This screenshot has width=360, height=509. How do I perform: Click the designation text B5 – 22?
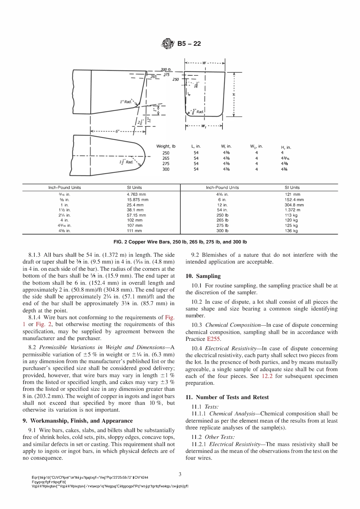pos(189,44)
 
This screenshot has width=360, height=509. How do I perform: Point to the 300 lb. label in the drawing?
pos(167,70)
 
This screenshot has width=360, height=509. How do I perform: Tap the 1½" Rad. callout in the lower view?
pos(127,162)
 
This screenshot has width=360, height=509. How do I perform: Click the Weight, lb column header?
pos(166,146)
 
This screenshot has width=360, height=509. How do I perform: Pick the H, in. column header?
pos(286,147)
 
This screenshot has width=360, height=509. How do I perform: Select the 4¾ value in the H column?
pos(284,169)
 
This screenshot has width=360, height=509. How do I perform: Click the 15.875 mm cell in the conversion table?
pos(137,200)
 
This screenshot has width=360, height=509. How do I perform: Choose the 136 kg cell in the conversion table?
pos(291,231)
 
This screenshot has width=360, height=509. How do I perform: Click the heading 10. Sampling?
pos(203,276)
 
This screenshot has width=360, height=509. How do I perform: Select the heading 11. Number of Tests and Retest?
pos(227,397)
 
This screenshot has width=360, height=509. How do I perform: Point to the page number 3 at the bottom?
pos(180,474)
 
